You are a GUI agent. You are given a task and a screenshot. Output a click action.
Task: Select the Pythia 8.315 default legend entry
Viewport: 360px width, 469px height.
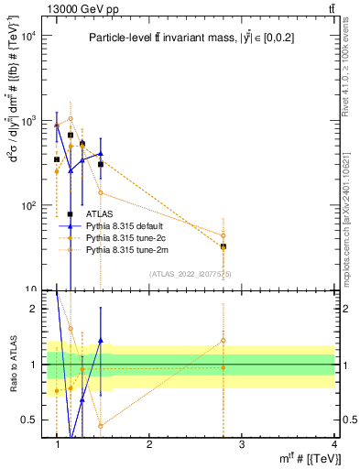(x=125, y=225)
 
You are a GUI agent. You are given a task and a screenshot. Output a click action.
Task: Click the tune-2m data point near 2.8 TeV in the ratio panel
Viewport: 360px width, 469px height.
(x=223, y=341)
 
